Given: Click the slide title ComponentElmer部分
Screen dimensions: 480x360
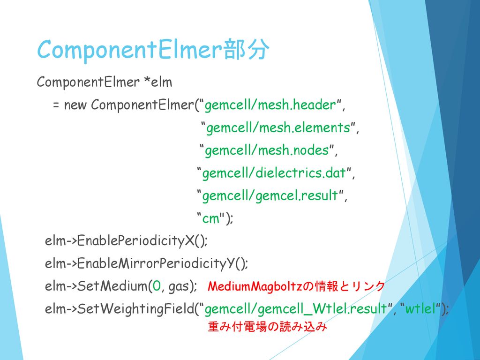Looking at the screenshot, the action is tap(153, 50).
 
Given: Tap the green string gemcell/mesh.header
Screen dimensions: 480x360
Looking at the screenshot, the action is tap(270, 105).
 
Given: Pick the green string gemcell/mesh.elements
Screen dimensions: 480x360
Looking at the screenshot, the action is tap(278, 127).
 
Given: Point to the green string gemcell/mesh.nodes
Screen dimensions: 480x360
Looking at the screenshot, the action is tap(267, 150).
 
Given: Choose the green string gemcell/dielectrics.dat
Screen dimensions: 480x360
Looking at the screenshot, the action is tap(274, 173).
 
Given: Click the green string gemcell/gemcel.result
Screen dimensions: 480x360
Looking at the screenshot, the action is tap(270, 195).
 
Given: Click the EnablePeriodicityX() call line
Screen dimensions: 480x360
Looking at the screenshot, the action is tap(126, 241).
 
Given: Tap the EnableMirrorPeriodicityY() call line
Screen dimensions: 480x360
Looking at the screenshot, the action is tap(146, 263).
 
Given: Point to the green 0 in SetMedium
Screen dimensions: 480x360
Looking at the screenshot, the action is tap(157, 286).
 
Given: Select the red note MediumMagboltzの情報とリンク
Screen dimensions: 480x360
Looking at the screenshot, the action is tap(296, 286).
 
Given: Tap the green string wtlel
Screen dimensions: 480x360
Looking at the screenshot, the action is tap(420, 309).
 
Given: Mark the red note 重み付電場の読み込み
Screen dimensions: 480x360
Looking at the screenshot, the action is tap(267, 327).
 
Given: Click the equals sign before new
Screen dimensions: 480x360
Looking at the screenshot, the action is tap(56, 105).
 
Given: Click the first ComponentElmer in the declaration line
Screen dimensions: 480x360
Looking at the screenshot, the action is tap(88, 82).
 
